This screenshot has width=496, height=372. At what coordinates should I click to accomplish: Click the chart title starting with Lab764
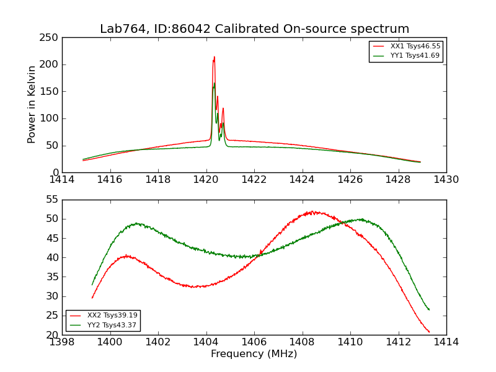(254, 29)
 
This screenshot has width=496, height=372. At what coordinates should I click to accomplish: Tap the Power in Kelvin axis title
(32, 105)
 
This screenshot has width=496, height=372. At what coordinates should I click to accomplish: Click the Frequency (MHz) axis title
(254, 354)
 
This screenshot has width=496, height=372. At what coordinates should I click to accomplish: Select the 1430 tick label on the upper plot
(446, 180)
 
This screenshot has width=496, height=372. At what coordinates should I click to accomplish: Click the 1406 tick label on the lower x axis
(254, 342)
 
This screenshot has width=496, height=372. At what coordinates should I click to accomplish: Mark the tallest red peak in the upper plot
(215, 57)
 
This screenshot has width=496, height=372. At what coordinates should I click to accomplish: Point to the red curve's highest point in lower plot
(313, 211)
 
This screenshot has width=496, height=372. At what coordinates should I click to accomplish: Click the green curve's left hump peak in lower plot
(136, 223)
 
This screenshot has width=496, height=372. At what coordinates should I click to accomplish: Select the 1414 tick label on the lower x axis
(446, 342)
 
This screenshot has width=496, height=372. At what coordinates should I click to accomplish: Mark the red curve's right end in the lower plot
(429, 332)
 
